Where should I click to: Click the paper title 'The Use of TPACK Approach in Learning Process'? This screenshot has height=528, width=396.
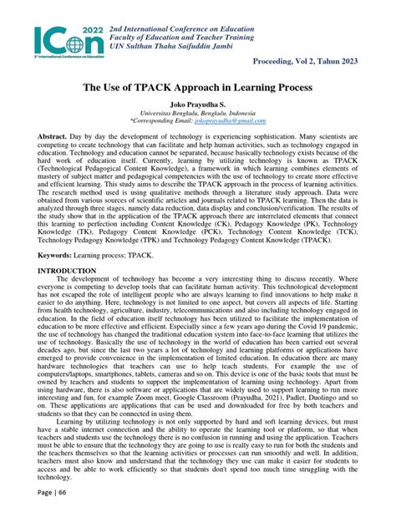[x=198, y=87]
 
